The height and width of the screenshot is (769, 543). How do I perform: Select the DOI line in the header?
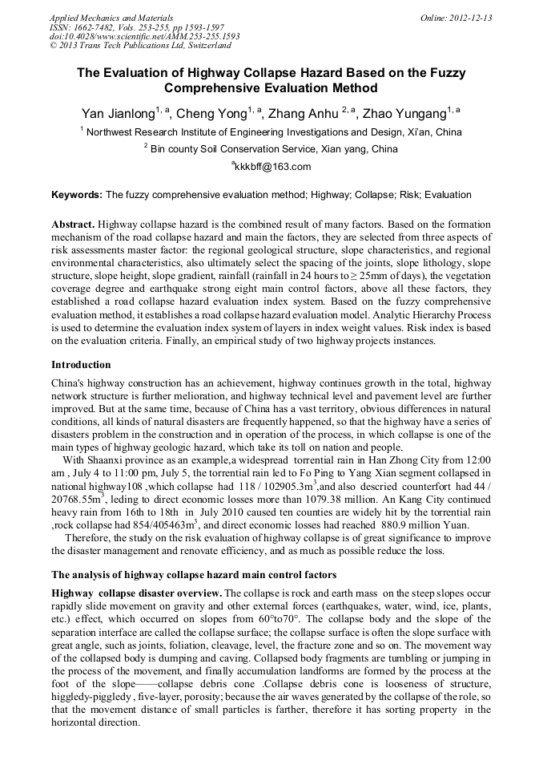pos(144,37)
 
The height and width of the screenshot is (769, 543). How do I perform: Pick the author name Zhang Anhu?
pos(304,113)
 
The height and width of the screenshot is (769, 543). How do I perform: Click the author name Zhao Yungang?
pos(404,113)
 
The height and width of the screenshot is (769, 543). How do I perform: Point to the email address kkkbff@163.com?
pos(271,167)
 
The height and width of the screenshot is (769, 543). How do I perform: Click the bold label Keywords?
pos(76,195)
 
